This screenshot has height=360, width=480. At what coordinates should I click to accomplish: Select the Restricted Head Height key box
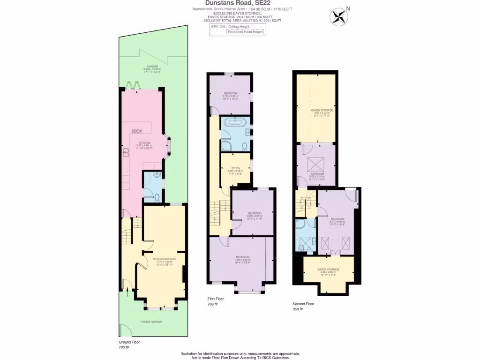246,32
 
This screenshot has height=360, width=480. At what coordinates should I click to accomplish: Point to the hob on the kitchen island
137,131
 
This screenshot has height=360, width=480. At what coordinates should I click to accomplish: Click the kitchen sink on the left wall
126,152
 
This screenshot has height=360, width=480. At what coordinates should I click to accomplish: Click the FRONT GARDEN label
152,322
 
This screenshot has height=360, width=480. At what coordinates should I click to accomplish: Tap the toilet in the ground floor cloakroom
157,196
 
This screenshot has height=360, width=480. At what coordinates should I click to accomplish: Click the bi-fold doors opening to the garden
135,86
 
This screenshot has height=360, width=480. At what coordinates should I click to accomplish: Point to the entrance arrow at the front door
124,284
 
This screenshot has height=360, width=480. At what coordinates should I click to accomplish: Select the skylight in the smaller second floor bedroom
313,165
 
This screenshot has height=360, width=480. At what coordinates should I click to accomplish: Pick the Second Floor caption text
302,304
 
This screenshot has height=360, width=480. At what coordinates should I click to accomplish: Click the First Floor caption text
216,299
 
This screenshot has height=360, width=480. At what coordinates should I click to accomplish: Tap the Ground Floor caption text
129,342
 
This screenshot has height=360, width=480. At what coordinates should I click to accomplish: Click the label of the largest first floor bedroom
242,258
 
